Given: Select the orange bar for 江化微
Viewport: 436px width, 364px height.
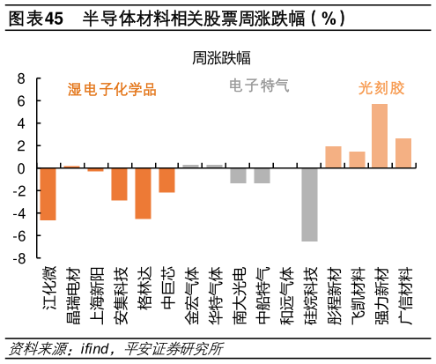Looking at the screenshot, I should pyautogui.click(x=48, y=193).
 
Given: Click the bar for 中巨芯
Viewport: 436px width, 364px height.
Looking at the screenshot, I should pyautogui.click(x=166, y=180).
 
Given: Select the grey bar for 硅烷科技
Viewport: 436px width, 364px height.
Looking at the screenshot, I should pyautogui.click(x=309, y=204).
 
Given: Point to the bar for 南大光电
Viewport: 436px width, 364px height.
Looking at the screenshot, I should pyautogui.click(x=238, y=175).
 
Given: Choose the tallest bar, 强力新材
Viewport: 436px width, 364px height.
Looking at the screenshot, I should pyautogui.click(x=380, y=136).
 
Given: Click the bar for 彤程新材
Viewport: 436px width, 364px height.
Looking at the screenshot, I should pyautogui.click(x=333, y=157).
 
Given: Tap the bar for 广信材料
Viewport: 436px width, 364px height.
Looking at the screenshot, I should pyautogui.click(x=403, y=152).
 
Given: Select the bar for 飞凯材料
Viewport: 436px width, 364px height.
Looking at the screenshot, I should pyautogui.click(x=357, y=160).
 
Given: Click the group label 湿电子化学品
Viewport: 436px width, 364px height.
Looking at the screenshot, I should pyautogui.click(x=112, y=89).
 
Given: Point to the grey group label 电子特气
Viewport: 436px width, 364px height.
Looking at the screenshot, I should pyautogui.click(x=259, y=85).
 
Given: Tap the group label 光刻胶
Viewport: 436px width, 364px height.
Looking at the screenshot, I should pyautogui.click(x=381, y=88).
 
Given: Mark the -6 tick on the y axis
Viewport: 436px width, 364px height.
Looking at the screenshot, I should pyautogui.click(x=18, y=236).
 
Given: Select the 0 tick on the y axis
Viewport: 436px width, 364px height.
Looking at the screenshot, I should pyautogui.click(x=21, y=168).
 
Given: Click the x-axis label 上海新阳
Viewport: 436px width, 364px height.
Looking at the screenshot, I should pyautogui.click(x=96, y=296).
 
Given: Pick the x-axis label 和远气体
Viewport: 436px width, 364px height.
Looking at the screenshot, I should pyautogui.click(x=286, y=296).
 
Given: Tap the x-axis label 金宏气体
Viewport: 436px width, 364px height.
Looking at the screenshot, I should pyautogui.click(x=191, y=296).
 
